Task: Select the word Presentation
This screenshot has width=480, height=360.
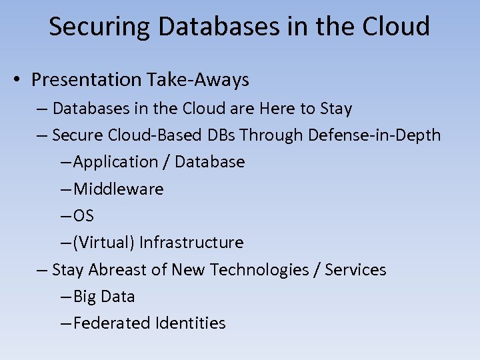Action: (86, 80)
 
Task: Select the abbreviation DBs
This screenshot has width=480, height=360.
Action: (221, 135)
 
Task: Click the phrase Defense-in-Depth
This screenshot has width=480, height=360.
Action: (374, 135)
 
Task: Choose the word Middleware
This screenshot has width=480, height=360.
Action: (118, 189)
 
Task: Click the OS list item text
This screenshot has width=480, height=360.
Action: (83, 216)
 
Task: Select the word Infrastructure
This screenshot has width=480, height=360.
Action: (191, 243)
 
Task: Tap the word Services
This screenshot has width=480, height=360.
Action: (355, 270)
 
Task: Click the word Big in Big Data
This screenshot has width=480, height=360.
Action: (85, 297)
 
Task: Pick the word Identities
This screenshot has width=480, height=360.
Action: (190, 323)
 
